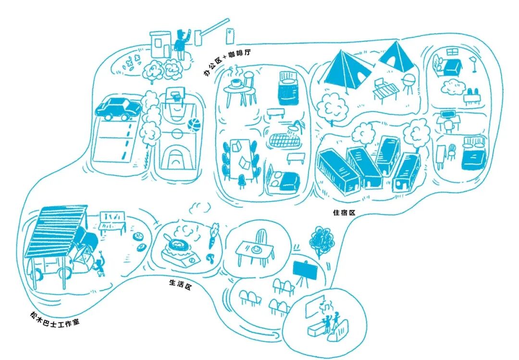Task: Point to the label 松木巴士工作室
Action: (54, 319)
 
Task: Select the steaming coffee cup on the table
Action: (236, 83)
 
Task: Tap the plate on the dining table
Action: (255, 249)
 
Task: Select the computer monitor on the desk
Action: (448, 115)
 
